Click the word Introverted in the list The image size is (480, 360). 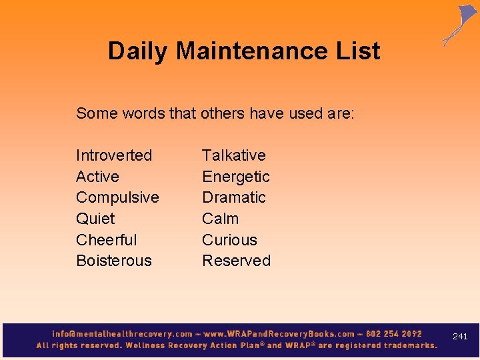pyautogui.click(x=114, y=155)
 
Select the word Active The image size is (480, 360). pyautogui.click(x=97, y=177)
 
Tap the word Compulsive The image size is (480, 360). pyautogui.click(x=117, y=198)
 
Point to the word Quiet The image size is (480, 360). pyautogui.click(x=95, y=219)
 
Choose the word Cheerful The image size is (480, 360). pyautogui.click(x=106, y=240)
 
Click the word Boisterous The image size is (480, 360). pyautogui.click(x=114, y=261)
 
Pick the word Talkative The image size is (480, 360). pyautogui.click(x=233, y=155)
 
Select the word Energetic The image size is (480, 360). pyautogui.click(x=235, y=177)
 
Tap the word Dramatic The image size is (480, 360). pyautogui.click(x=233, y=197)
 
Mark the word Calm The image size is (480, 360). pyautogui.click(x=220, y=219)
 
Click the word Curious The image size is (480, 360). pyautogui.click(x=229, y=240)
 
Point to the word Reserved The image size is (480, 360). pyautogui.click(x=236, y=261)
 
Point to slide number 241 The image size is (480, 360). pyautogui.click(x=460, y=337)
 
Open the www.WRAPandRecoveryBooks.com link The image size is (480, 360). pyautogui.click(x=279, y=333)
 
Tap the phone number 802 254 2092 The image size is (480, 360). pyautogui.click(x=394, y=333)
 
